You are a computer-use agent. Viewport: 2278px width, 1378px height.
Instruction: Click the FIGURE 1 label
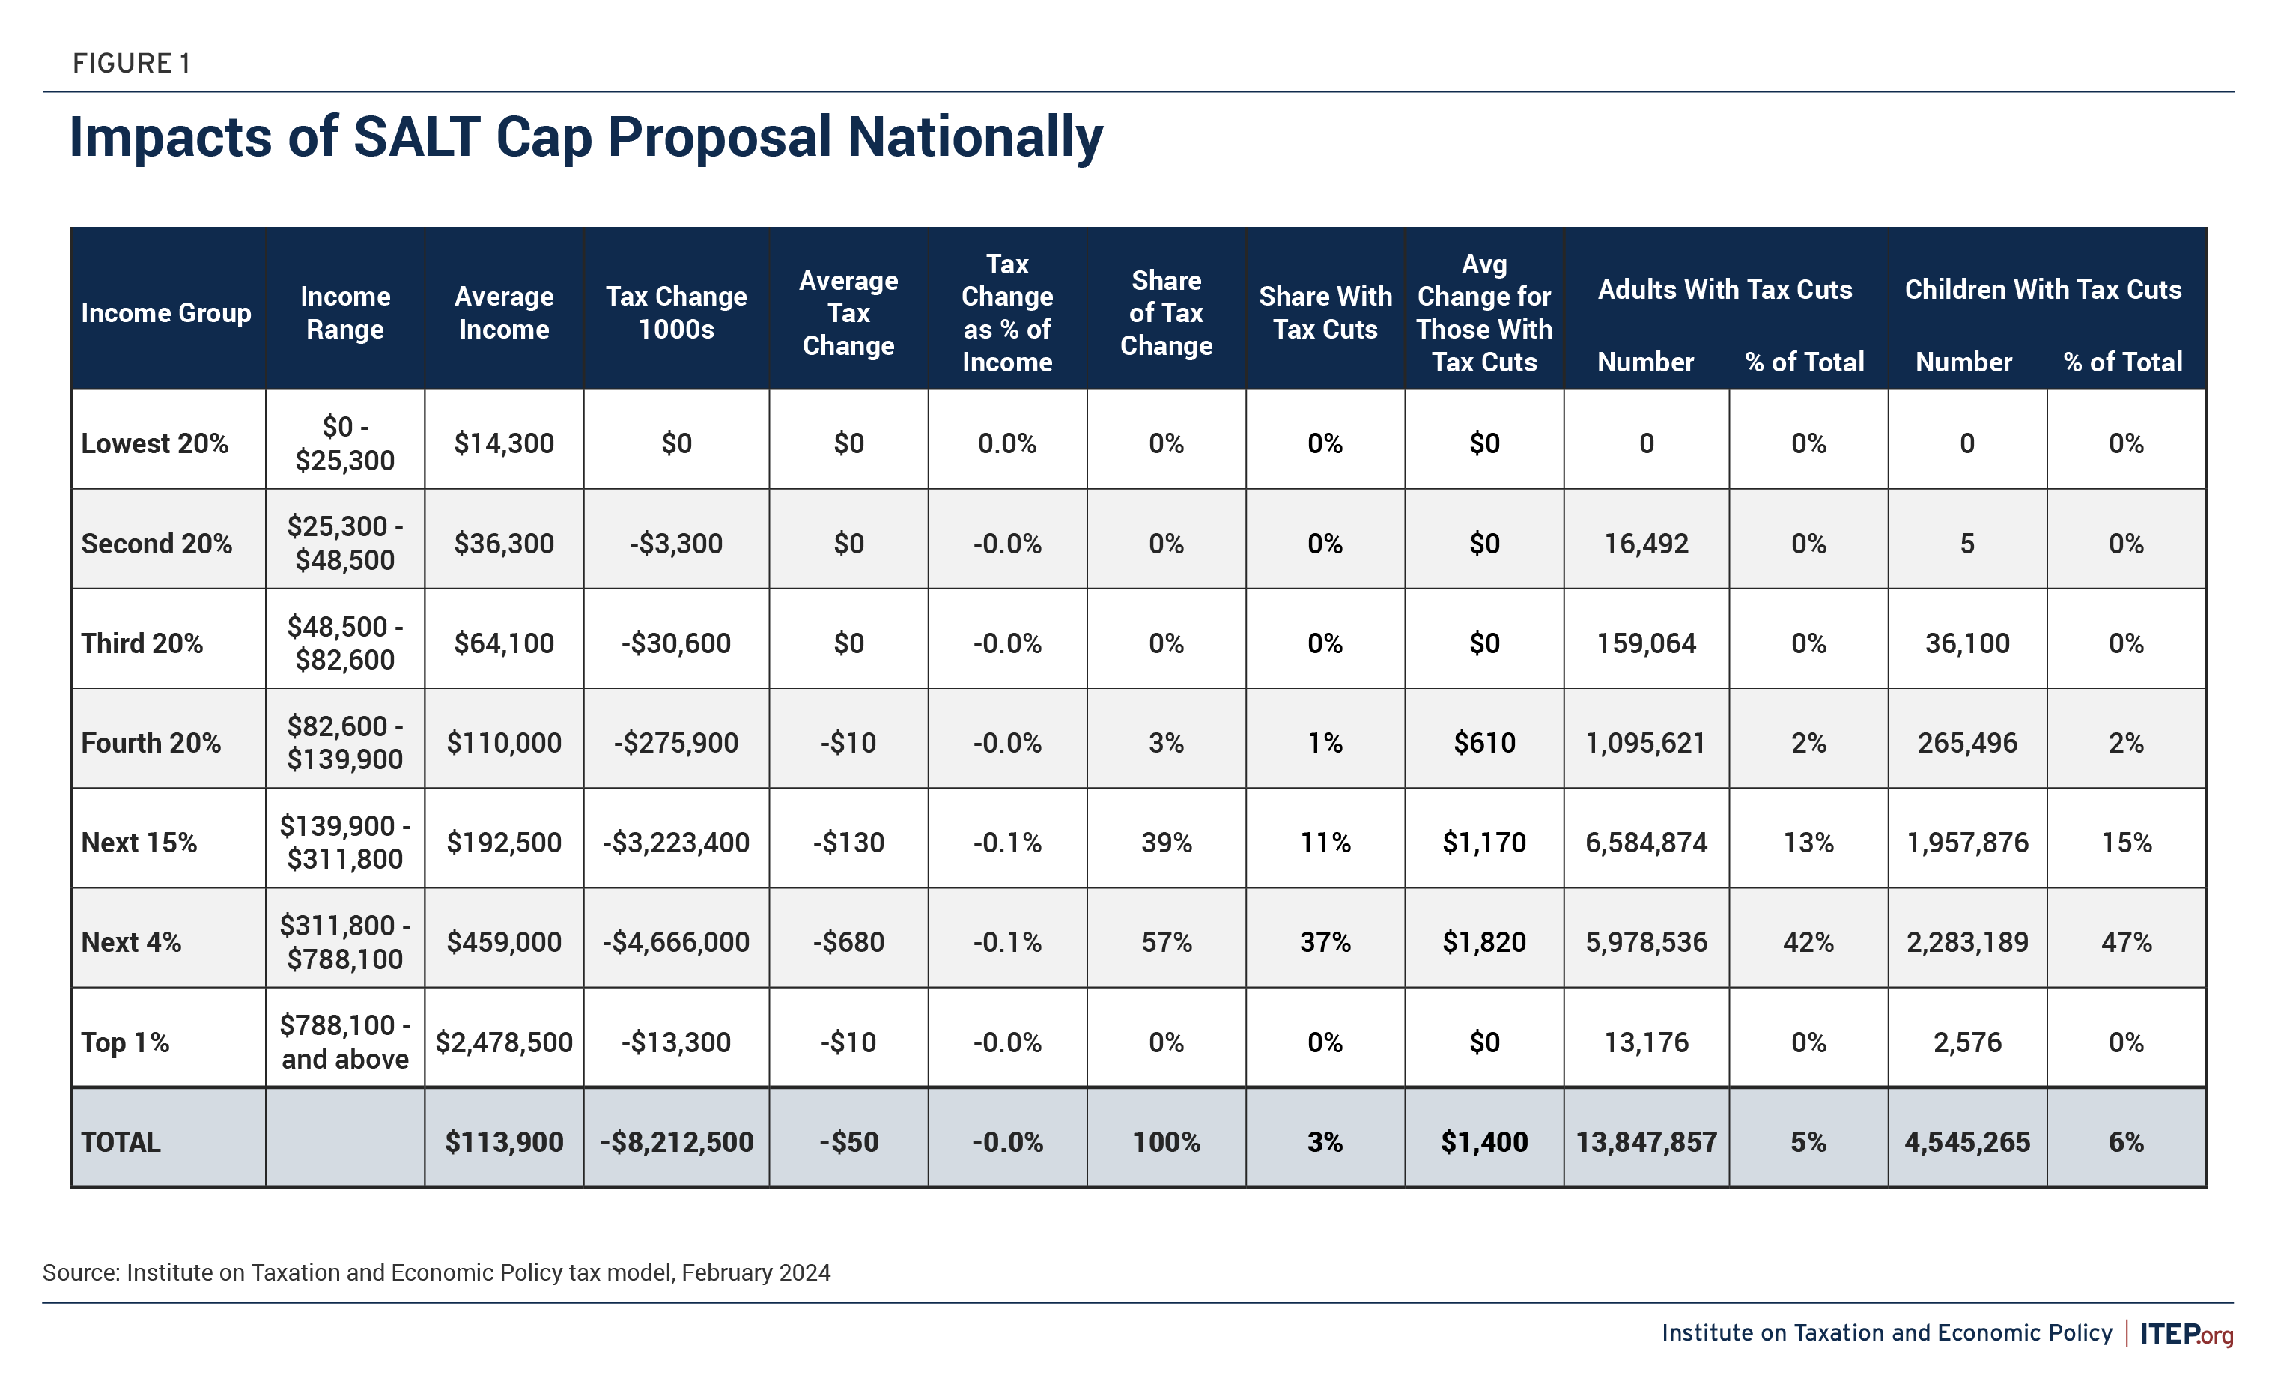click(x=131, y=64)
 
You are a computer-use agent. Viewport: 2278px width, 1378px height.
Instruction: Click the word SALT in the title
click(x=416, y=138)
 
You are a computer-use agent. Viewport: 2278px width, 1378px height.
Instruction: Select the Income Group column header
click(x=166, y=312)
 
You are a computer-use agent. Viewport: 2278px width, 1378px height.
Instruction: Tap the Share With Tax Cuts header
click(x=1325, y=312)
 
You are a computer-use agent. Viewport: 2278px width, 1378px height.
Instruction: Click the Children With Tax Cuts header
click(x=2042, y=290)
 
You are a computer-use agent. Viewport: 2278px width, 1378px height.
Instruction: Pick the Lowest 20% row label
click(x=154, y=443)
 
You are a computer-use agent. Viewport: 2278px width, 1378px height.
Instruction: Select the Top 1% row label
click(x=125, y=1042)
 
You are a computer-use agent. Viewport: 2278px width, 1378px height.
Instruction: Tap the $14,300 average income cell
click(x=504, y=443)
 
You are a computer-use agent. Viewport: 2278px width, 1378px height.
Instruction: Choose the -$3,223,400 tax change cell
click(x=675, y=843)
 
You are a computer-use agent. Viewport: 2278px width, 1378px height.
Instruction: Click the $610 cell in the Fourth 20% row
click(x=1483, y=743)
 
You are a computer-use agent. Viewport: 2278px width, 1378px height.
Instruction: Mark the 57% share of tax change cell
click(x=1166, y=942)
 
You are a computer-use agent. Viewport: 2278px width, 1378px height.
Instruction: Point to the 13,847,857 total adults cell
click(x=1646, y=1142)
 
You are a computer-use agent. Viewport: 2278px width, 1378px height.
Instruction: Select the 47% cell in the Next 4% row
click(x=2125, y=942)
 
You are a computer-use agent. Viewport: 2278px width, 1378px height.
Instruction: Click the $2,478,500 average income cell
click(x=504, y=1042)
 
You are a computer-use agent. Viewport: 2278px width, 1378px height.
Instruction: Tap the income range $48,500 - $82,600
click(x=344, y=643)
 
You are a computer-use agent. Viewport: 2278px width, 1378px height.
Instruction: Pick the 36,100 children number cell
click(x=1966, y=643)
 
